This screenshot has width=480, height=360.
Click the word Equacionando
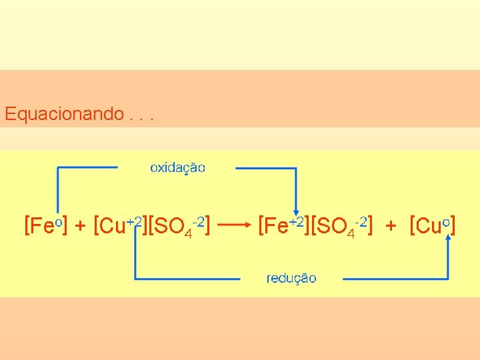[63, 114]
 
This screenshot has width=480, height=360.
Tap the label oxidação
[177, 167]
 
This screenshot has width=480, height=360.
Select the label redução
[291, 278]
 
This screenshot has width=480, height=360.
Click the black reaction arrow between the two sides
[233, 225]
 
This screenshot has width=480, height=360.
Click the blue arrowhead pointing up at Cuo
[447, 239]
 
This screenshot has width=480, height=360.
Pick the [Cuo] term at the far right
[434, 226]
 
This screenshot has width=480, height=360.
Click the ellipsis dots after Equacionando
[142, 118]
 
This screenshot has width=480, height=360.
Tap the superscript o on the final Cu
[445, 221]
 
